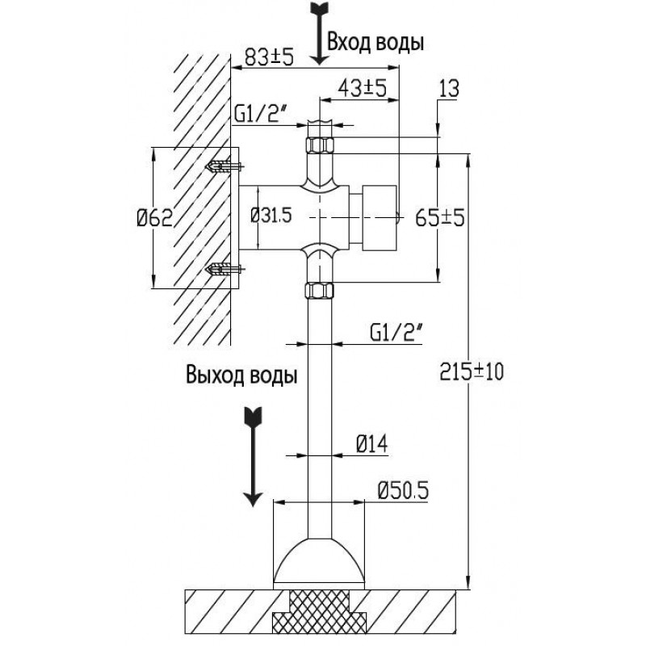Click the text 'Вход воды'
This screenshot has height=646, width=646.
click(375, 42)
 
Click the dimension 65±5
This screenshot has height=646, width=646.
click(438, 218)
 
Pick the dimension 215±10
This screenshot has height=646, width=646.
click(472, 371)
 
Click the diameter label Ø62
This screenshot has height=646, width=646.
click(152, 218)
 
